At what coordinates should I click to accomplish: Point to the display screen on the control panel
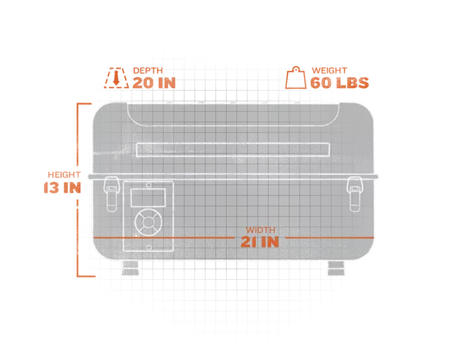(147, 198)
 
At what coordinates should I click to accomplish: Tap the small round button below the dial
(138, 237)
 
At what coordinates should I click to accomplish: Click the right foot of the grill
(336, 268)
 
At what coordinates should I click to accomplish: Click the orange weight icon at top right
(296, 77)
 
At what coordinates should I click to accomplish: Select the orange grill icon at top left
(116, 77)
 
